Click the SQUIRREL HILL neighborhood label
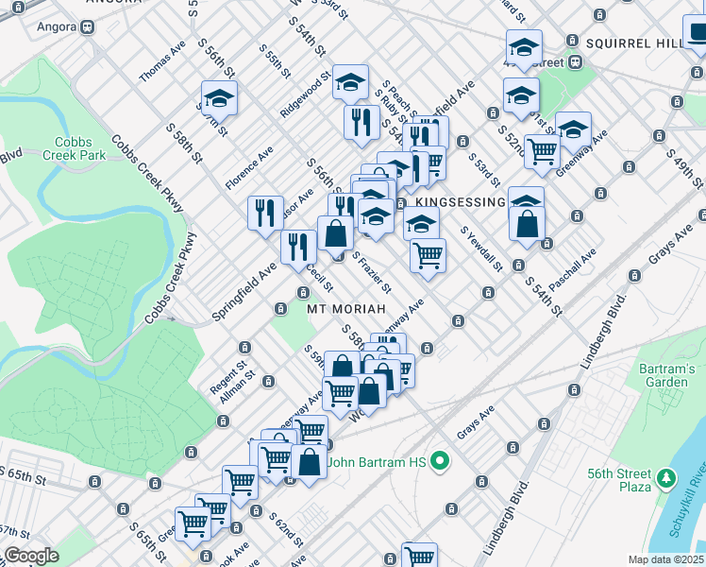pos(642,43)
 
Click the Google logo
pos(31,556)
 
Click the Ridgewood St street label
pos(304,94)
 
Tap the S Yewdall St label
pos(480,249)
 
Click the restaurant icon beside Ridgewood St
pos(361,121)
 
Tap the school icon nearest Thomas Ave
pos(219,96)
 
